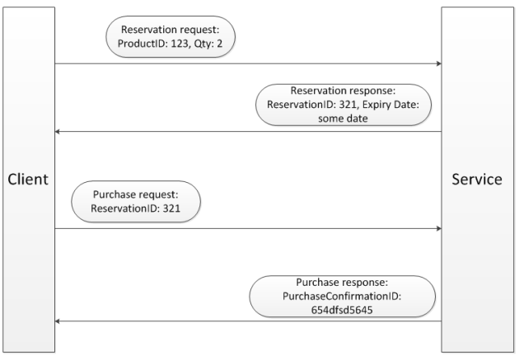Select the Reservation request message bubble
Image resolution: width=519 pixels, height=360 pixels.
pos(164,37)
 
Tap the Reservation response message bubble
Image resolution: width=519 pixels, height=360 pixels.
pos(344,104)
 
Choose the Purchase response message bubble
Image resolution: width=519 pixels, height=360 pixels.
pos(344,296)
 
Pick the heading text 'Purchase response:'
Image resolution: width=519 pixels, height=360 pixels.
pos(344,282)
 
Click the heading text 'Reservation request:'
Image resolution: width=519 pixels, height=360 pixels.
pos(164,30)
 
